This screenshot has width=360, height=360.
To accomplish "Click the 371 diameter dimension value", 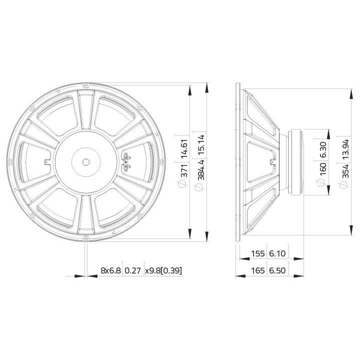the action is point(184,170).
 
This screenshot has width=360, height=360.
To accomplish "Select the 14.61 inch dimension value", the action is point(184,149).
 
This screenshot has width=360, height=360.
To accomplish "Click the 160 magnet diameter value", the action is point(322,169).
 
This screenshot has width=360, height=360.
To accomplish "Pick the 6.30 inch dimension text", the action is point(322,149).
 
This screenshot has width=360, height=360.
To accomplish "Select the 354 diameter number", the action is point(345,171).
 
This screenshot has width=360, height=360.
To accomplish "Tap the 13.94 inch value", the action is point(345,149).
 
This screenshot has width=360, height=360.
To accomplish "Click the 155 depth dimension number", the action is point(258,253).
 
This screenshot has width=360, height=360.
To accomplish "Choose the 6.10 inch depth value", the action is point(277,253).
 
